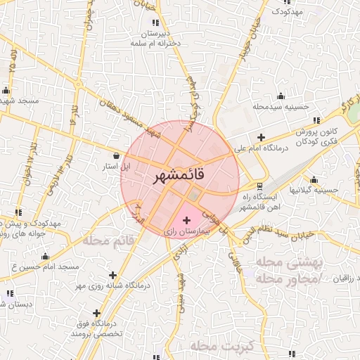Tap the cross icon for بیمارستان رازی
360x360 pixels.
click(186, 221)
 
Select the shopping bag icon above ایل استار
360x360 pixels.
click(115, 156)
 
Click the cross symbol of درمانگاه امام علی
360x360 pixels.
click(262, 137)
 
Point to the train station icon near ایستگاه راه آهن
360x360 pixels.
click(260, 186)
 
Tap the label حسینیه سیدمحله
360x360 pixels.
click(281, 107)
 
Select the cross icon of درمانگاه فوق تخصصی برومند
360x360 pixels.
click(96, 313)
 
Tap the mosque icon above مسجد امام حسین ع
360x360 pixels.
click(46, 256)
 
